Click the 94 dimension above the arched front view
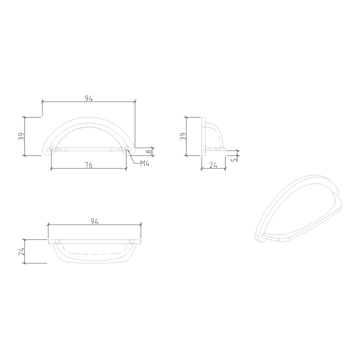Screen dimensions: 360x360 point(88,98)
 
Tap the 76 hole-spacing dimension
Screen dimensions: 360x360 point(88,165)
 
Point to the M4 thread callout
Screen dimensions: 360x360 point(144,163)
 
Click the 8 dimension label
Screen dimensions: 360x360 point(149,152)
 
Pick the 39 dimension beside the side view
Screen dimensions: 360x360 point(182,136)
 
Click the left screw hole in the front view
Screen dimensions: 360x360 point(51,150)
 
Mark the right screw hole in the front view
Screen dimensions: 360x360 point(127,150)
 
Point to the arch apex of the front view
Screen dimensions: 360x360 point(88,118)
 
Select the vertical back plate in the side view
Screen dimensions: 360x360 point(203,136)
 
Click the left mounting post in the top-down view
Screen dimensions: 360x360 point(58,242)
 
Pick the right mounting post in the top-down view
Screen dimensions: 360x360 point(132,242)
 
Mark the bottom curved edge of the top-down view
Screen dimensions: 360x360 point(94,262)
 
